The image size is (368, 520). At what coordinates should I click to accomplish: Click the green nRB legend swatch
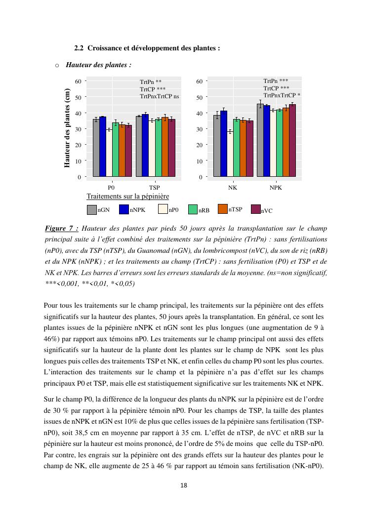pyautogui.click(x=193, y=209)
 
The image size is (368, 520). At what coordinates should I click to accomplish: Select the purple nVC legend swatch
pyautogui.click(x=255, y=209)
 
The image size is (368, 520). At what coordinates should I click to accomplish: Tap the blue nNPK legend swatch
pyautogui.click(x=124, y=209)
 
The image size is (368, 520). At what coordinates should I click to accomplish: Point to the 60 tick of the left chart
pyautogui.click(x=79, y=81)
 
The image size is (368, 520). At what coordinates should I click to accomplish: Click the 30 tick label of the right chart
pyautogui.click(x=198, y=129)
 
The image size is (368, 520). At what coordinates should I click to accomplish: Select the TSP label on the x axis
pyautogui.click(x=154, y=188)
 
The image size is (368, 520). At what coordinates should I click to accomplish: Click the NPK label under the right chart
pyautogui.click(x=276, y=188)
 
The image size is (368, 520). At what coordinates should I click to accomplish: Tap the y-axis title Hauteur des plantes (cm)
pyautogui.click(x=67, y=128)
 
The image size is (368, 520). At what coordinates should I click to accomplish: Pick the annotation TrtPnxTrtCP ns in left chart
pyautogui.click(x=160, y=96)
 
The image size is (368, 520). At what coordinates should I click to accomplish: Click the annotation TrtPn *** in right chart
pyautogui.click(x=276, y=80)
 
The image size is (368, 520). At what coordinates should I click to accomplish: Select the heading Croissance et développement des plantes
pyautogui.click(x=147, y=48)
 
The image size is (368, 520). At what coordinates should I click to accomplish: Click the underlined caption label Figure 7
pyautogui.click(x=61, y=229)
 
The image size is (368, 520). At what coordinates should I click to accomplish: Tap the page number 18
pyautogui.click(x=184, y=485)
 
